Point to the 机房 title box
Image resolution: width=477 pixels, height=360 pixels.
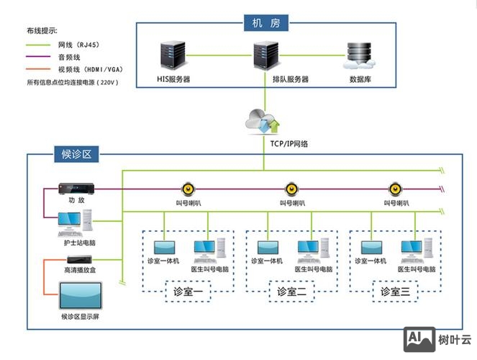click(265, 22)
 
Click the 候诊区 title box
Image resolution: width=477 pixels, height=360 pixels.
click(75, 153)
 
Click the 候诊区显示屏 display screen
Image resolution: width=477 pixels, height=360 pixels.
click(81, 296)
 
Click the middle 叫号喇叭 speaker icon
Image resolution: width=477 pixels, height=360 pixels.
click(291, 189)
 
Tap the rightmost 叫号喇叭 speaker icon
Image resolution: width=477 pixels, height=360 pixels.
click(394, 189)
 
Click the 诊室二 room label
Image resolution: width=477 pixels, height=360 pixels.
click(291, 292)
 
